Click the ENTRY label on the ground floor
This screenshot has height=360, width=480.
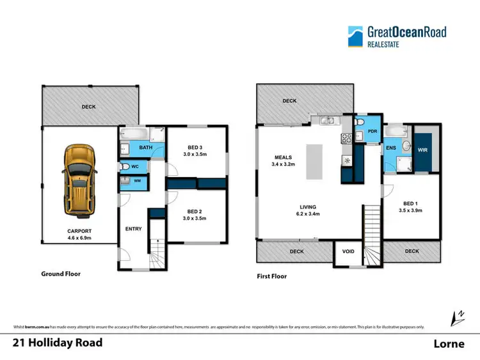132,229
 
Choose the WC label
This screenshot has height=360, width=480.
135,167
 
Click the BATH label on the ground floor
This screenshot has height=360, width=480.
145,148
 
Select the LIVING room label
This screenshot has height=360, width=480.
311,207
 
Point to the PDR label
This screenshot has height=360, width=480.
372,133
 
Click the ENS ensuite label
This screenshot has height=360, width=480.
391,147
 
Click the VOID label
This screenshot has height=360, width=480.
348,251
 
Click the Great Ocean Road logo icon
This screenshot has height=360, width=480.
355,36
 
